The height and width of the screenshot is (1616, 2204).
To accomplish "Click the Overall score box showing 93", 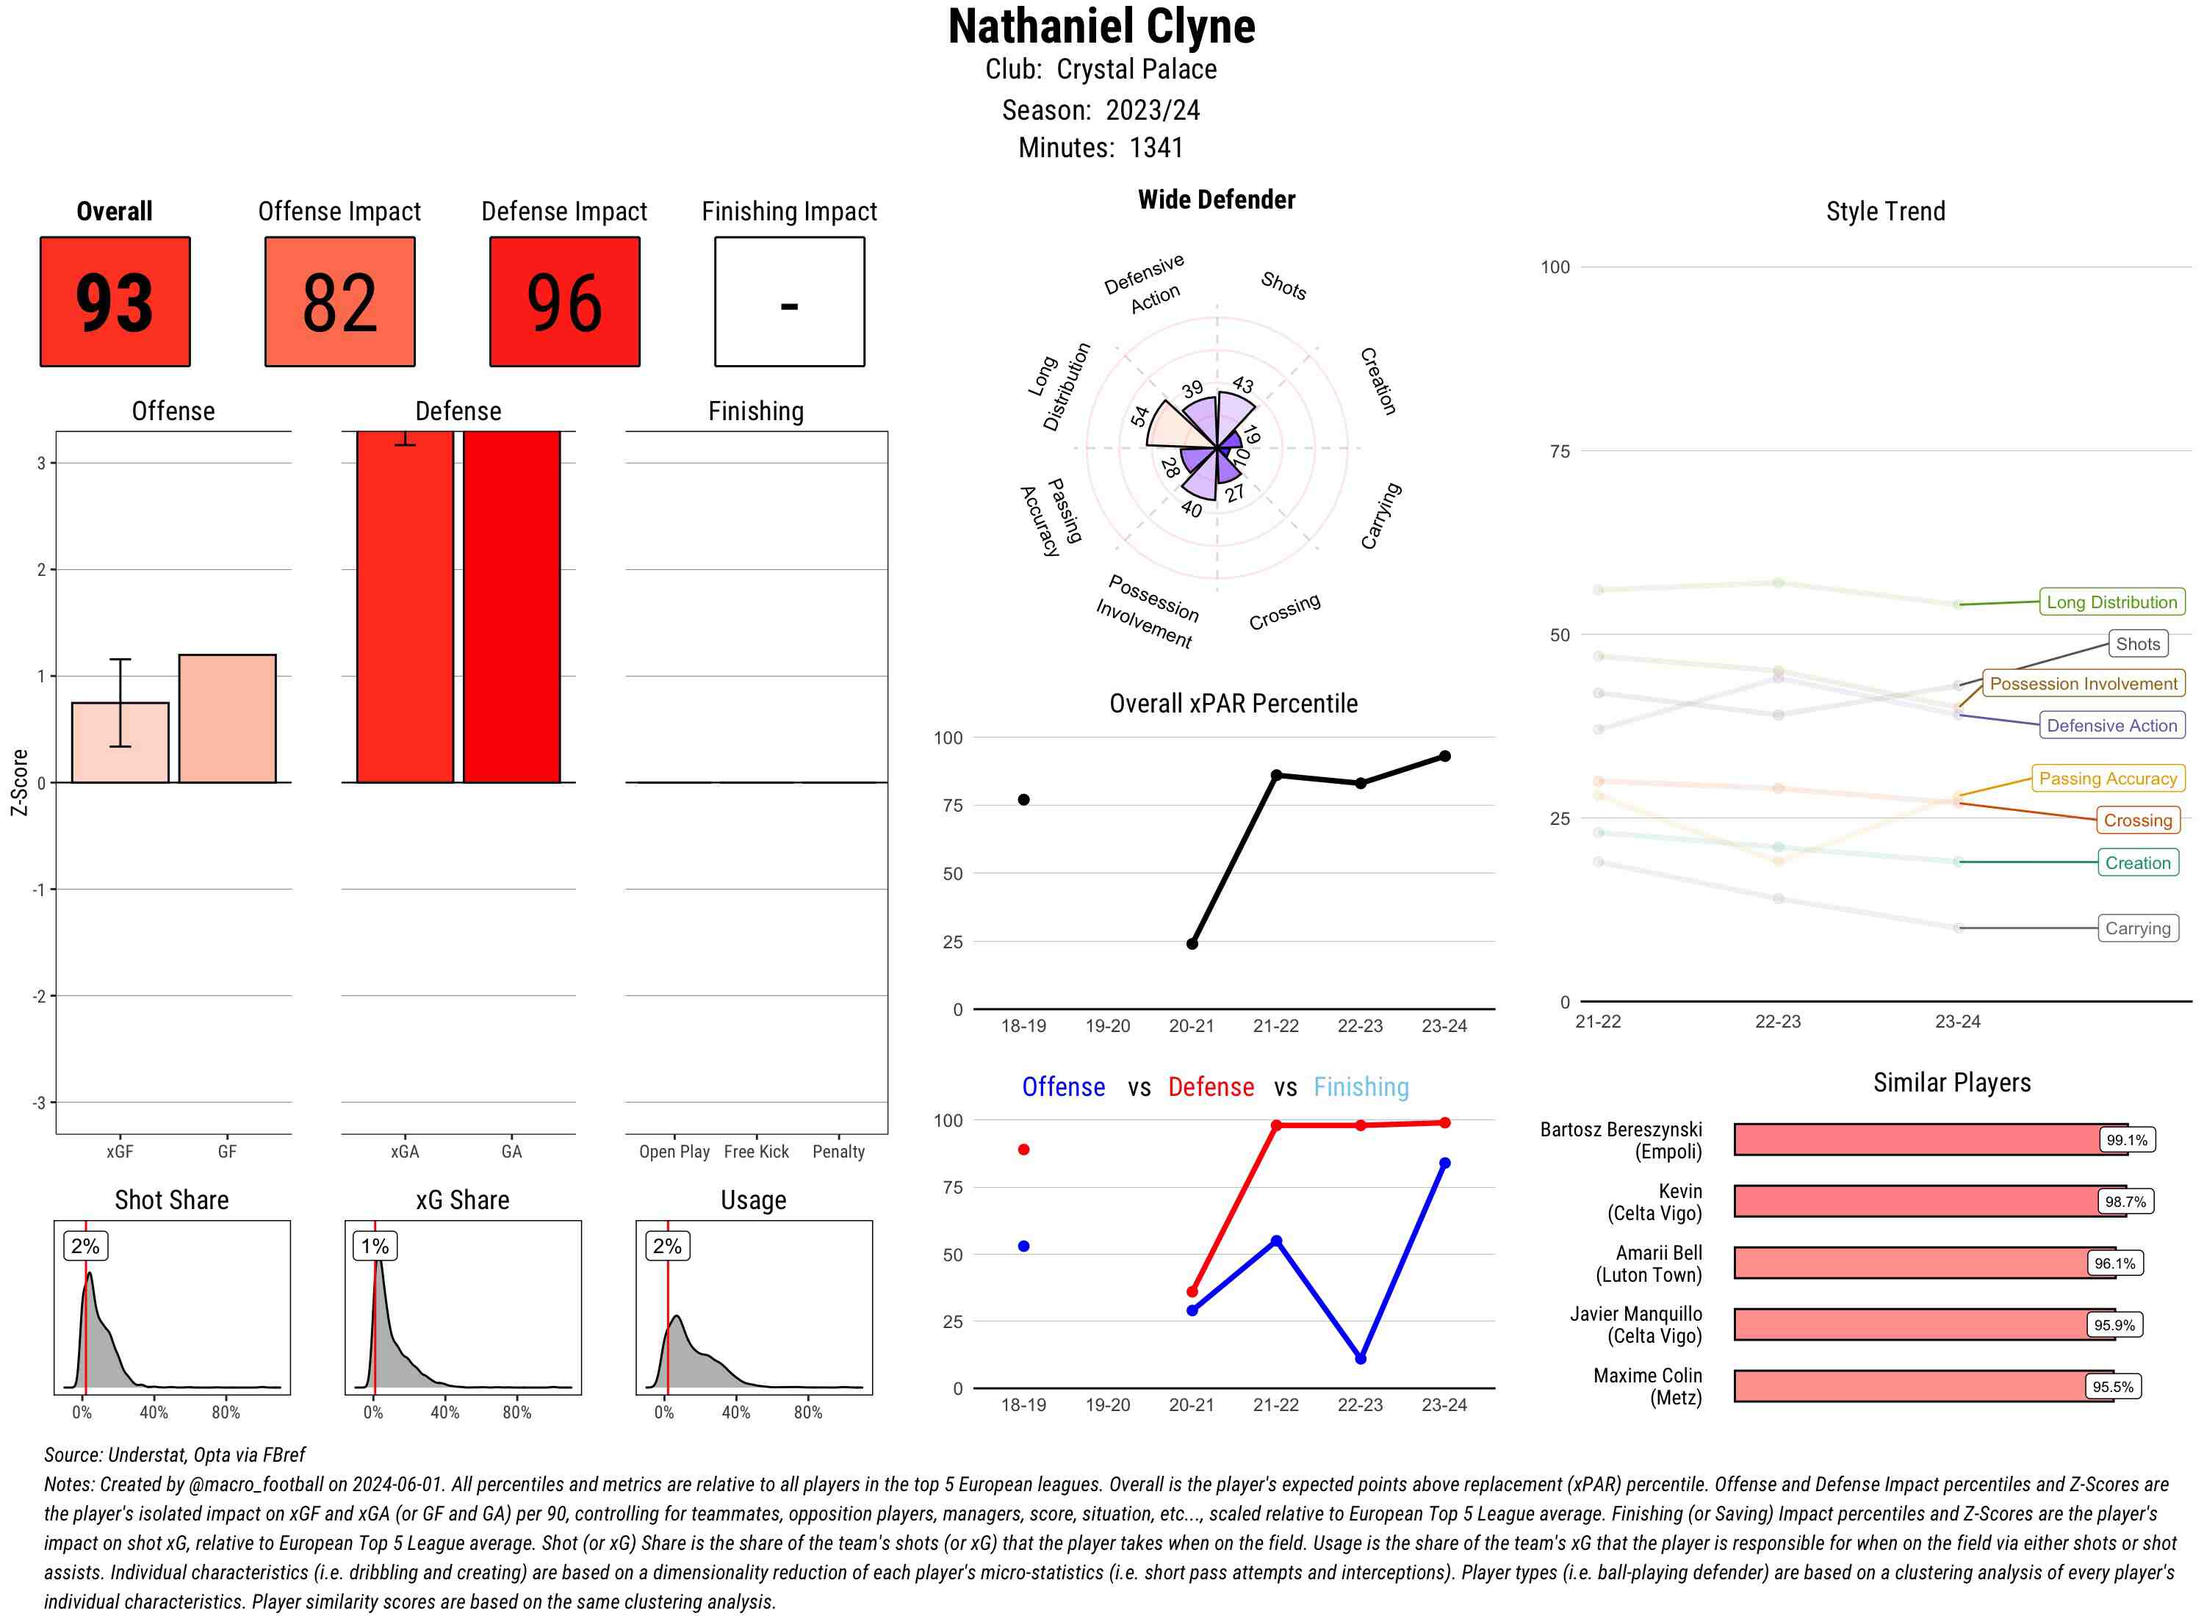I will click(115, 301).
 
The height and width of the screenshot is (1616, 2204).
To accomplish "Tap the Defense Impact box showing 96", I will click(564, 301).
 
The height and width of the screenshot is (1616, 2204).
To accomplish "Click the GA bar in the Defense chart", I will click(511, 607).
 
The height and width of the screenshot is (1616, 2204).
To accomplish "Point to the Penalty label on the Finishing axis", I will click(838, 1151).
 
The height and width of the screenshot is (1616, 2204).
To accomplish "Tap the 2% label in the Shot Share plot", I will click(85, 1245).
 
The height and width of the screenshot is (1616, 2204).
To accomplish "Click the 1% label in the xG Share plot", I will click(375, 1245).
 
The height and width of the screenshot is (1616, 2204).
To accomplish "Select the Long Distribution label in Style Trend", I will click(2111, 602).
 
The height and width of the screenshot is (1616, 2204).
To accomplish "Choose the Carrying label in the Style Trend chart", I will click(2137, 928).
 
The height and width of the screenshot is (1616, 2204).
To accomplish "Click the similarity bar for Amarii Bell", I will click(1912, 1263).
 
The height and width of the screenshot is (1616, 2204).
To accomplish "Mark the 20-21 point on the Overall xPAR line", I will click(1192, 944).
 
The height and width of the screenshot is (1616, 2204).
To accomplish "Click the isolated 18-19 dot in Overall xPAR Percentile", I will click(1023, 800).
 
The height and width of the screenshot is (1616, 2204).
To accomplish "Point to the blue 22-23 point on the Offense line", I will click(1360, 1359).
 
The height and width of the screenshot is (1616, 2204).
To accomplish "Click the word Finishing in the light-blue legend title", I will click(1361, 1087).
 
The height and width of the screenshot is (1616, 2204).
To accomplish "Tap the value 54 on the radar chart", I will click(1139, 416).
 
